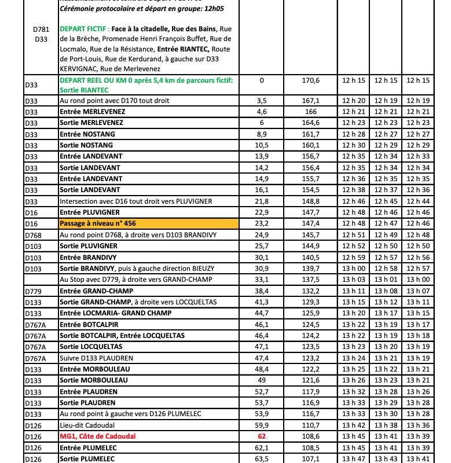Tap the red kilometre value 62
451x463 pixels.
(262, 436)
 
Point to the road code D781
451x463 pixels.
(41, 29)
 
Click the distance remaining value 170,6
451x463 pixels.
(311, 80)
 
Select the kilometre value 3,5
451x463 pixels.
(262, 101)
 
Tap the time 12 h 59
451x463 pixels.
(354, 257)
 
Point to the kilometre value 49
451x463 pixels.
(262, 380)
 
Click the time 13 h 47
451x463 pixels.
(354, 459)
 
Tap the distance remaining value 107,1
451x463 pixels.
(311, 459)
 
